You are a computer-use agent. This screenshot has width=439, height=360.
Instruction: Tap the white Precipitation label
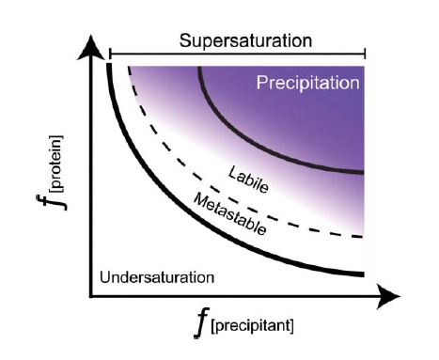(308, 84)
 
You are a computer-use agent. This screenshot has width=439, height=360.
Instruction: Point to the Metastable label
(229, 214)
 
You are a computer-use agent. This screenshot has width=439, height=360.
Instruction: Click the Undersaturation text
(157, 277)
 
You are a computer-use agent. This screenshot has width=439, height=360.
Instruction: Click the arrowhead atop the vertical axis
(91, 47)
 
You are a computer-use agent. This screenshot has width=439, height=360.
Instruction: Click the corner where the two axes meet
(91, 297)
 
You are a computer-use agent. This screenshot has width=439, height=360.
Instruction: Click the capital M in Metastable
(199, 197)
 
